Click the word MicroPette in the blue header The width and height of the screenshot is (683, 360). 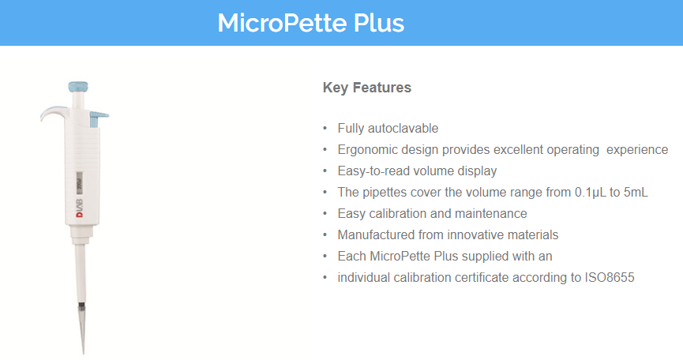tap(283, 23)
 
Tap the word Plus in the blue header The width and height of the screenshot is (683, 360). tap(379, 23)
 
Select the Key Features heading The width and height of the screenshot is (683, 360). tap(366, 88)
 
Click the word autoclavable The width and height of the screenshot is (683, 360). tap(403, 129)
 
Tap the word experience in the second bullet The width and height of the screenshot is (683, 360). tap(637, 150)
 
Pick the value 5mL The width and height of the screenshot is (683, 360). tap(636, 193)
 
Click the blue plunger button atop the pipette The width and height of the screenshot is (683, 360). tap(78, 87)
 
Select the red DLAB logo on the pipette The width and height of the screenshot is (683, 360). tap(80, 208)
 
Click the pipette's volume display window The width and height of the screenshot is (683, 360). tap(79, 182)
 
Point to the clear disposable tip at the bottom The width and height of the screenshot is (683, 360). tap(82, 328)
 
